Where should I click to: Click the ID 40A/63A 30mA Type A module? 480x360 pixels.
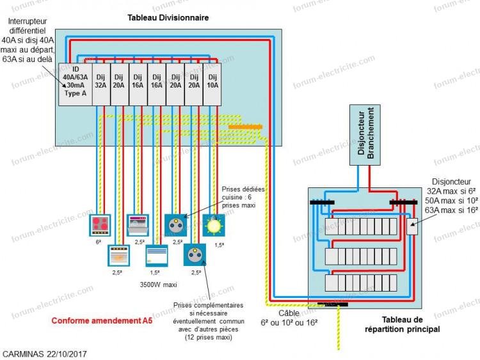pyautogui.click(x=76, y=84)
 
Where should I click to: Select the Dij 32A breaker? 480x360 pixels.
pyautogui.click(x=101, y=84)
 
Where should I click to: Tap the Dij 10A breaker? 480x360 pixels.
pyautogui.click(x=212, y=84)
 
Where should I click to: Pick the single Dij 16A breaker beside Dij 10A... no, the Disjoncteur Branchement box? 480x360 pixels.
pyautogui.click(x=365, y=135)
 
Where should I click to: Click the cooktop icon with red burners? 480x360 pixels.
pyautogui.click(x=100, y=225)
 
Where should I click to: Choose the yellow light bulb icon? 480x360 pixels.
pyautogui.click(x=214, y=226)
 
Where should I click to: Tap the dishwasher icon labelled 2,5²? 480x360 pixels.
pyautogui.click(x=138, y=225)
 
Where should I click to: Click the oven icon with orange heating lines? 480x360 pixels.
pyautogui.click(x=119, y=255)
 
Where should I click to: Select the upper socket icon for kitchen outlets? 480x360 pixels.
pyautogui.click(x=176, y=226)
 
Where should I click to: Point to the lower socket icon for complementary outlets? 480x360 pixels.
pyautogui.click(x=195, y=254)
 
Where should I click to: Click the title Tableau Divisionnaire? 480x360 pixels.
pyautogui.click(x=168, y=18)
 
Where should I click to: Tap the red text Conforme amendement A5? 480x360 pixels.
pyautogui.click(x=102, y=320)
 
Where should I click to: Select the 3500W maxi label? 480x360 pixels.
pyautogui.click(x=158, y=285)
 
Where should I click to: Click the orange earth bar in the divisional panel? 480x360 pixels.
pyautogui.click(x=246, y=127)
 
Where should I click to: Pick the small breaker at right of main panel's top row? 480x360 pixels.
pyautogui.click(x=412, y=226)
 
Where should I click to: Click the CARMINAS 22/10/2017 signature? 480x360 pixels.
pyautogui.click(x=45, y=354)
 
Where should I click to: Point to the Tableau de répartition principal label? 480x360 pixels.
pyautogui.click(x=403, y=325)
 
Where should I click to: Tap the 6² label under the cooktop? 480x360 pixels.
pyautogui.click(x=99, y=242)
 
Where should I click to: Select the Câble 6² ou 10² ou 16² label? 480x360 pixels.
pyautogui.click(x=289, y=318)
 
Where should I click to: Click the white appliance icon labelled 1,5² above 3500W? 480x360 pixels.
pyautogui.click(x=157, y=255)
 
